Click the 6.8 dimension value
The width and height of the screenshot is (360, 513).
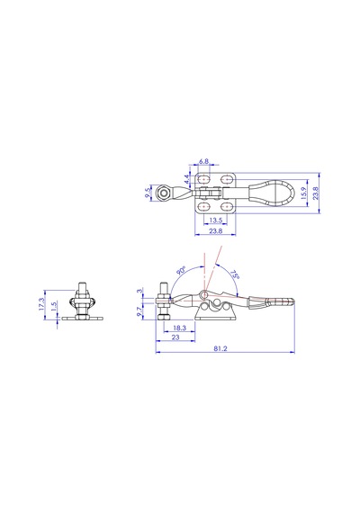tap(203, 161)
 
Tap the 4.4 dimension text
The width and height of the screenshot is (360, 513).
tap(186, 179)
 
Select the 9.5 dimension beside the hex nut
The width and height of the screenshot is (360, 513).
tap(148, 193)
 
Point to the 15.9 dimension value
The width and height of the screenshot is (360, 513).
tap(303, 193)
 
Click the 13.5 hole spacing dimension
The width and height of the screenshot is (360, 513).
tap(216, 220)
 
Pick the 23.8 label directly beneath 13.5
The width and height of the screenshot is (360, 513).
tap(216, 231)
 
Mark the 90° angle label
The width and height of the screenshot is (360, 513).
tap(181, 271)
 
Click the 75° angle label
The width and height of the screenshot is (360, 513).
tap(235, 274)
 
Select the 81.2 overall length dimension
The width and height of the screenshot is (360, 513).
tap(220, 349)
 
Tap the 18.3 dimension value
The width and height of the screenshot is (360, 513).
tap(179, 328)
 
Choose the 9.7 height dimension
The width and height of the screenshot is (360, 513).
tap(139, 311)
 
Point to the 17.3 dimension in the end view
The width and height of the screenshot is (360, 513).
tap(40, 303)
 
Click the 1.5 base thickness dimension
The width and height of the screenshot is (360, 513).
tap(54, 306)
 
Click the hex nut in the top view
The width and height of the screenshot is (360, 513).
tap(162, 193)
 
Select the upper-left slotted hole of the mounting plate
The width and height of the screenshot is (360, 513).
tap(204, 179)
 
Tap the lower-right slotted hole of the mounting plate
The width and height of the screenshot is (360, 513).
tap(226, 207)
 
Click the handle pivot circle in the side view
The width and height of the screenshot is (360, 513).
tap(203, 294)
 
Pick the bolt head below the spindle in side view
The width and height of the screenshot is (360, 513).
tap(163, 318)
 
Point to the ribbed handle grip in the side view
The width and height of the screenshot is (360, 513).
tap(281, 301)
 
